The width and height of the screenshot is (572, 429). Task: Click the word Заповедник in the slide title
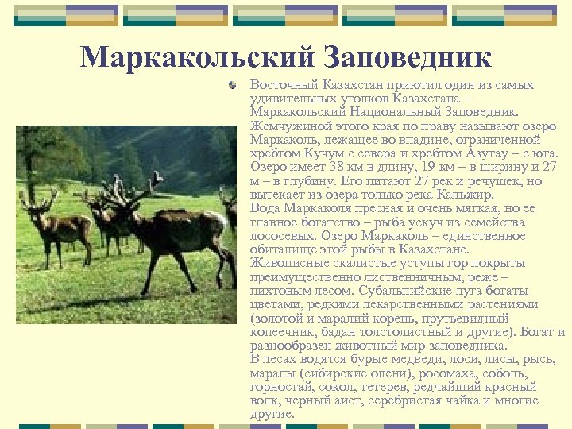pos(406,57)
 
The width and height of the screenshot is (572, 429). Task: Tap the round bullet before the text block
pos(232,83)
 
